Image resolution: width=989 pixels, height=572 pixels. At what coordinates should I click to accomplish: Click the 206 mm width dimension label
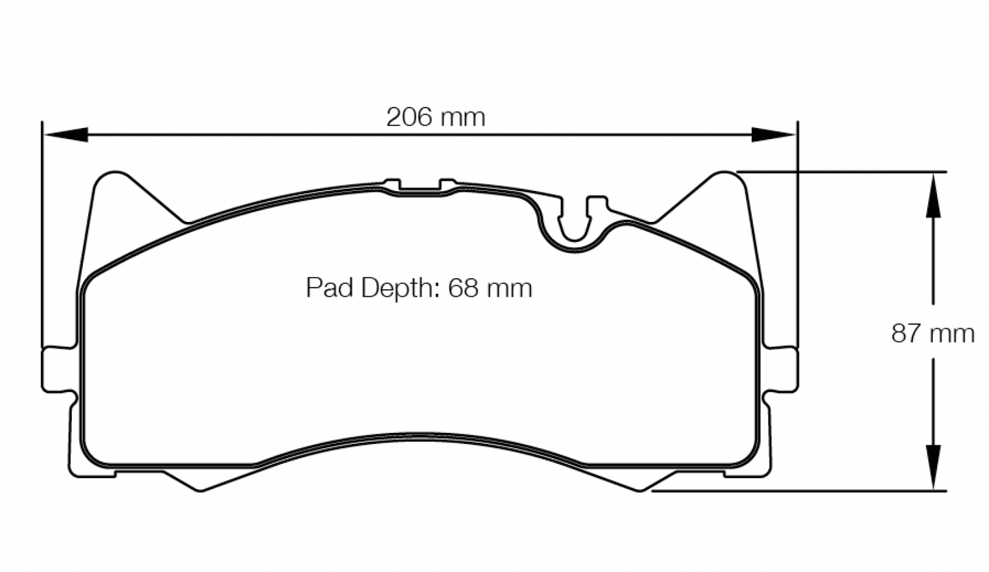(435, 117)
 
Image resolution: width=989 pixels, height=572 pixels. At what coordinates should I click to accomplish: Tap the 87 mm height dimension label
(932, 334)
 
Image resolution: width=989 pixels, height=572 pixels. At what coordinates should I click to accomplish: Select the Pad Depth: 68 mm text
(418, 288)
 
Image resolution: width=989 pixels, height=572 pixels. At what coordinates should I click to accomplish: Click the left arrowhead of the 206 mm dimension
(66, 135)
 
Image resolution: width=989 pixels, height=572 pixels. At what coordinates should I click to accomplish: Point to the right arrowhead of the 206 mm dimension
(773, 135)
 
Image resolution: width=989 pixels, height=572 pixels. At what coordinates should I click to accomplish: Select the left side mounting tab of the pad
(57, 370)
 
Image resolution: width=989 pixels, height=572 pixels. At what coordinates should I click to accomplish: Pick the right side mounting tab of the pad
(782, 370)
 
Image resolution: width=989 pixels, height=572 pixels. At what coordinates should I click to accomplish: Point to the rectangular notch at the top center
(420, 187)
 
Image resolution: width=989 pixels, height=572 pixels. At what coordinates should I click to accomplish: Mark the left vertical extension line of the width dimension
(42, 233)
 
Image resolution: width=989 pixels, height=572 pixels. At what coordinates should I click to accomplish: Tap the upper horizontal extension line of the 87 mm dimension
(842, 171)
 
